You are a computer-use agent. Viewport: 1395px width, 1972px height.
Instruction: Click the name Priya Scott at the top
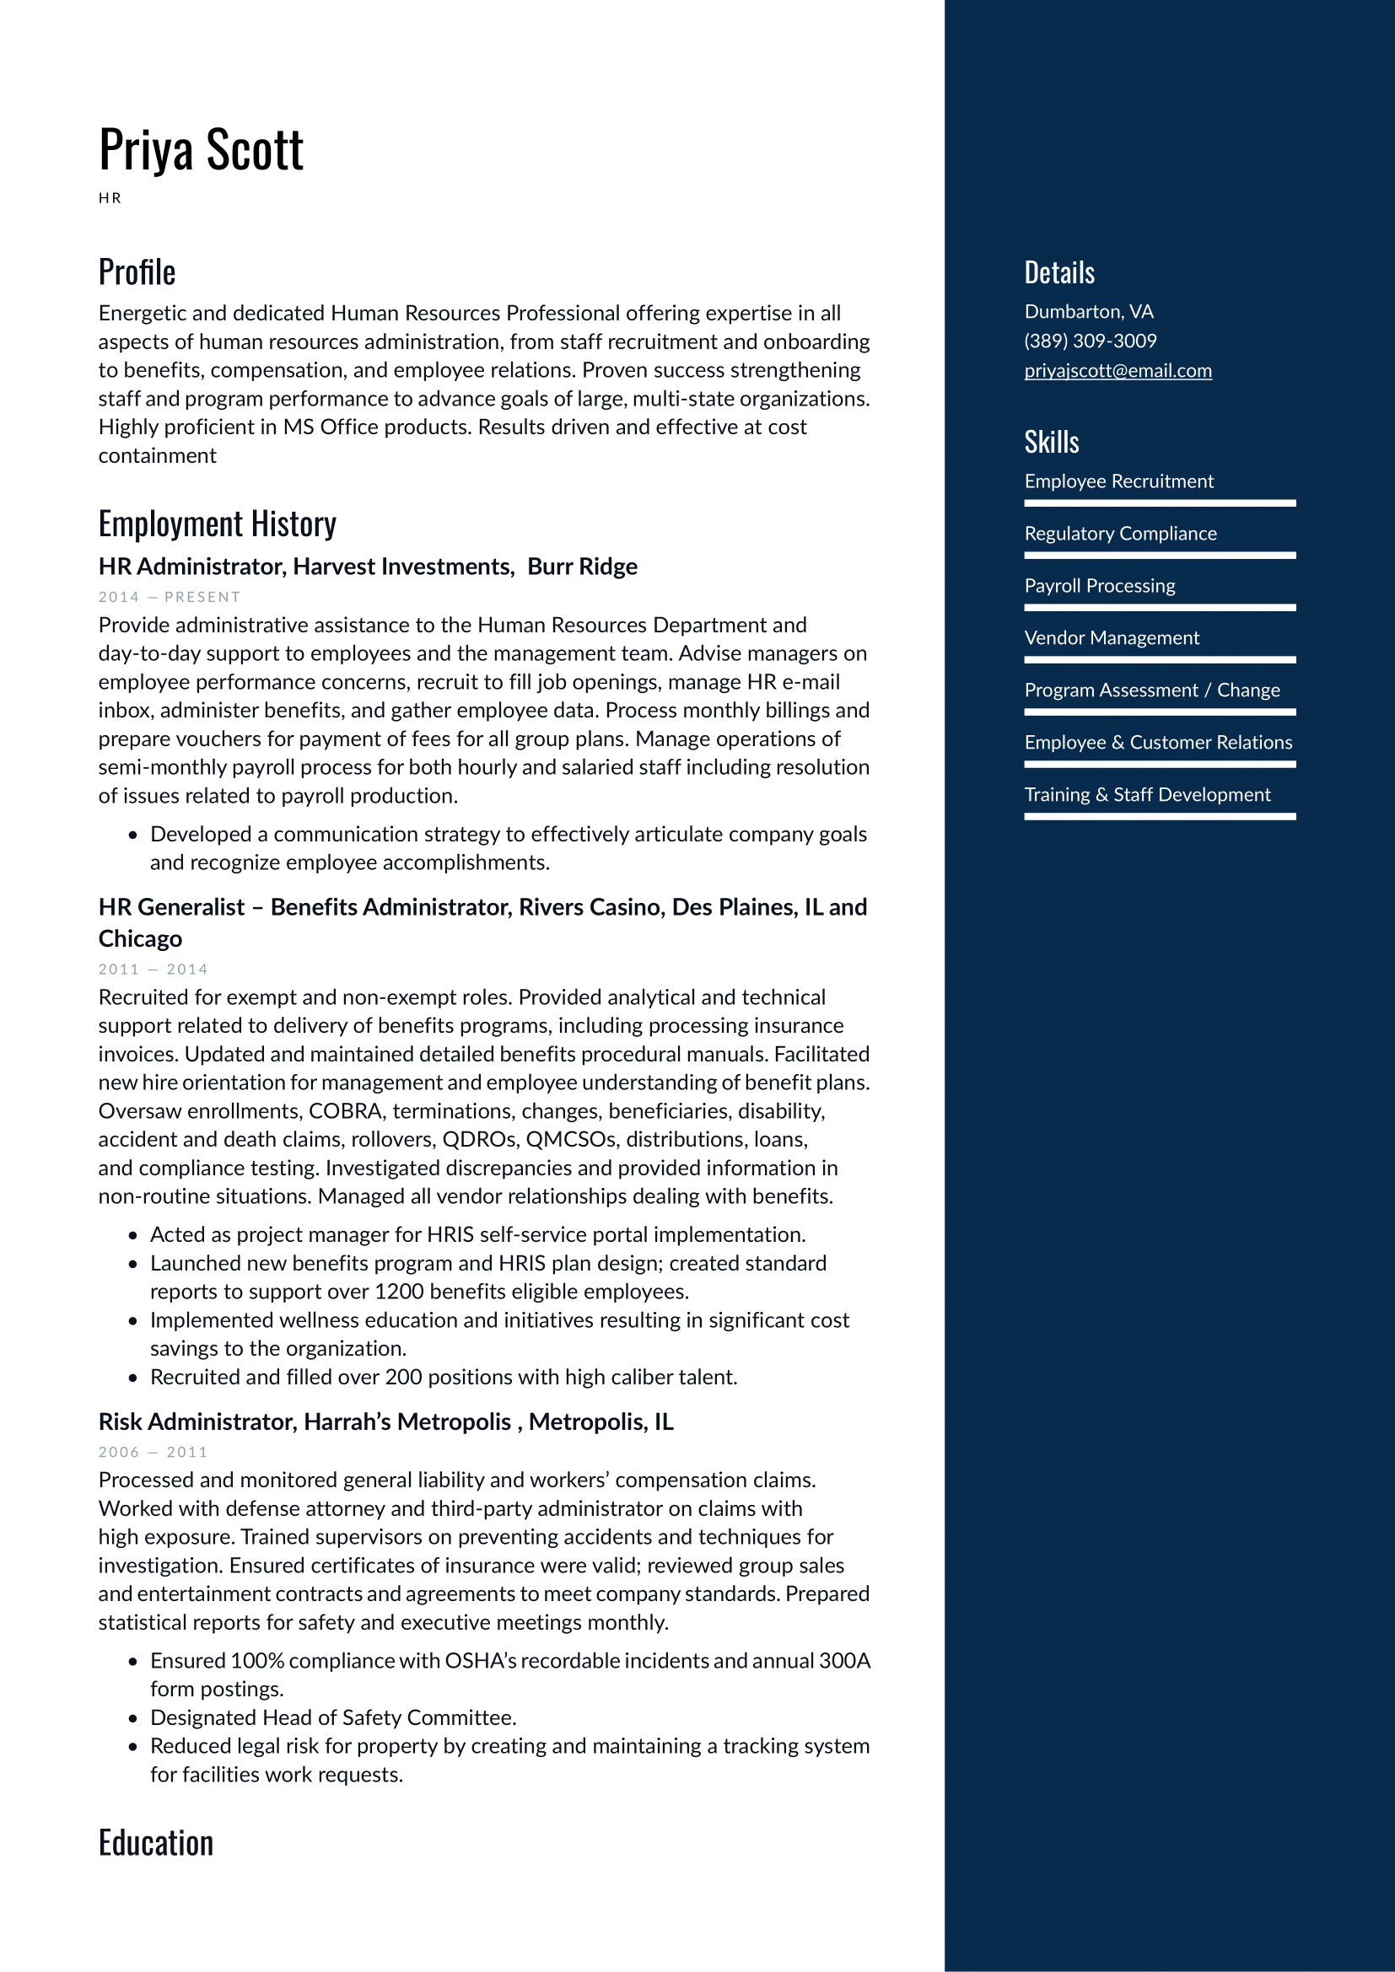pyautogui.click(x=201, y=150)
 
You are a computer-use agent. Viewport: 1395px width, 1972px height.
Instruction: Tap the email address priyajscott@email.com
pyautogui.click(x=1118, y=370)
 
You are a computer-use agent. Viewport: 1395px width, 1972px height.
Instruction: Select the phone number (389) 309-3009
pyautogui.click(x=1090, y=341)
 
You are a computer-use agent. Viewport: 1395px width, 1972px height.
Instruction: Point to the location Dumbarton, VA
pyautogui.click(x=1088, y=311)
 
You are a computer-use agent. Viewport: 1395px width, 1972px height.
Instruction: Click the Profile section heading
pyautogui.click(x=137, y=272)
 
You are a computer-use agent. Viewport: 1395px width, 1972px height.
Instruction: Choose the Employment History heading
pyautogui.click(x=218, y=524)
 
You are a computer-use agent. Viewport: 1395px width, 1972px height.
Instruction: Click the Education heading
pyautogui.click(x=155, y=1843)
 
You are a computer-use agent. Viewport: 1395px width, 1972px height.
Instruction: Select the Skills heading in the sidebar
pyautogui.click(x=1052, y=443)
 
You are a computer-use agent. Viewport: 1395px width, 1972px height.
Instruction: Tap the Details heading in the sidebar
pyautogui.click(x=1059, y=273)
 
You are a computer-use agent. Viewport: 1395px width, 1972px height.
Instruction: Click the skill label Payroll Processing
pyautogui.click(x=1100, y=586)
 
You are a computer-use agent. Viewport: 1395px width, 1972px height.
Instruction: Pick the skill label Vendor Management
pyautogui.click(x=1112, y=638)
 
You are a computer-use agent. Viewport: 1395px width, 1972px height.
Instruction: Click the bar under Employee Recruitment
pyautogui.click(x=1160, y=503)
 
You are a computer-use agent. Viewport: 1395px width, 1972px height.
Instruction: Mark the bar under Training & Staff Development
pyautogui.click(x=1160, y=817)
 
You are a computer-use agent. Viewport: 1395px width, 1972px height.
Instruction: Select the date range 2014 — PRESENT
pyautogui.click(x=170, y=597)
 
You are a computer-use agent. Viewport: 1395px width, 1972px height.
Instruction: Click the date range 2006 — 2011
pyautogui.click(x=153, y=1453)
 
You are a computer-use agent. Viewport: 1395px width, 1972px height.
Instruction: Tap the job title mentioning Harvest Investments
pyautogui.click(x=368, y=567)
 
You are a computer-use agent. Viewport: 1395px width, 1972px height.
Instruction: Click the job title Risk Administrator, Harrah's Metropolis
pyautogui.click(x=385, y=1422)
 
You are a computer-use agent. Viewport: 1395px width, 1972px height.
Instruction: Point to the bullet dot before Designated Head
pyautogui.click(x=133, y=1718)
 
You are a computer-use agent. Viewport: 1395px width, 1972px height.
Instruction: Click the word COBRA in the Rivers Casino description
pyautogui.click(x=345, y=1111)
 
